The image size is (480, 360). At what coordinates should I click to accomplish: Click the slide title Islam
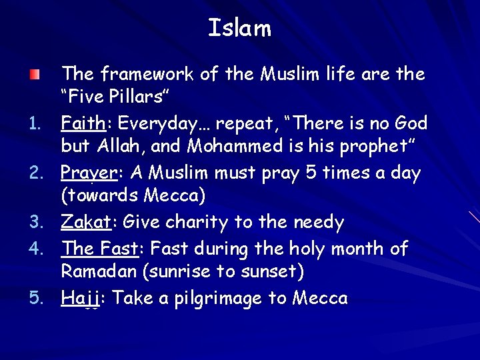click(240, 28)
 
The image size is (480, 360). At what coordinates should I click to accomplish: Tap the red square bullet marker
click(33, 73)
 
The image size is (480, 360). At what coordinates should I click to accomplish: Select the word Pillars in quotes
click(137, 97)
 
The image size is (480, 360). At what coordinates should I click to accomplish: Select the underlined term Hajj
click(80, 298)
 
